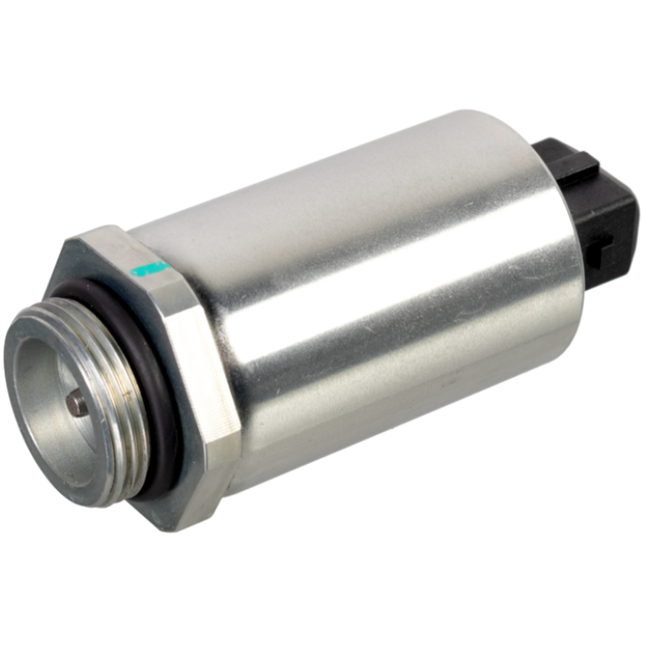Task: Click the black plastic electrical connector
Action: [598, 214]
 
